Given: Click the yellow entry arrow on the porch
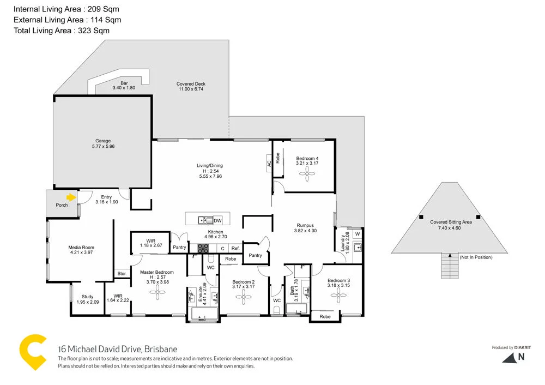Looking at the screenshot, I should coord(70,197).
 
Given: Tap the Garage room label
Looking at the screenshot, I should coord(103,141).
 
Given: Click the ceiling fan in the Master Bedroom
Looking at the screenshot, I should coord(158,293).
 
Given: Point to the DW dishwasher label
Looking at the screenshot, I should coord(217,220).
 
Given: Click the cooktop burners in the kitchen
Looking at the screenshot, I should coord(203,248).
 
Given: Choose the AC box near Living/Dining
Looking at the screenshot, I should coord(269,163).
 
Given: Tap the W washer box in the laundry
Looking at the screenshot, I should coord(358,234).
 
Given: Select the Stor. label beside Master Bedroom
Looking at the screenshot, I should coord(122,274).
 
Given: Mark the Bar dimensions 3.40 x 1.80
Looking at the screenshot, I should coord(123,88).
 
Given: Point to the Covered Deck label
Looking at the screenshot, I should coord(191,84).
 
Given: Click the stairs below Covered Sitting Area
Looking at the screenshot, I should coord(450,267).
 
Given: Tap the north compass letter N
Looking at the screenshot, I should coord(521,357).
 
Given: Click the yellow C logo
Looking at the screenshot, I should coord(33,351).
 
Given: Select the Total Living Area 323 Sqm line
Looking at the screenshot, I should coord(62,31).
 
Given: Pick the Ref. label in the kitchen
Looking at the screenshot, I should coord(235,248).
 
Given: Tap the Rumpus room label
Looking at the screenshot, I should coord(305,225).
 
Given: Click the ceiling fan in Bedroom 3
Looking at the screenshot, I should coord(338,295).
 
